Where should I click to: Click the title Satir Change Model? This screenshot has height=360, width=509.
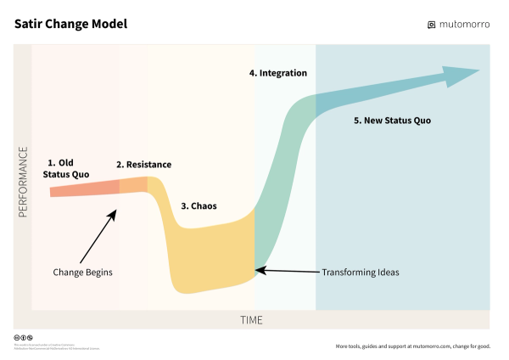[x=70, y=24]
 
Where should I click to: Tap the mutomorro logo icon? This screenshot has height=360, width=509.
[x=432, y=25]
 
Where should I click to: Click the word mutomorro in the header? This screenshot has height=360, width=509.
[x=465, y=25]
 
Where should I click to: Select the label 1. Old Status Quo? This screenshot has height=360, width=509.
[x=65, y=167]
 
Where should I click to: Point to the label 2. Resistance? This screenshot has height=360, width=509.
[x=143, y=164]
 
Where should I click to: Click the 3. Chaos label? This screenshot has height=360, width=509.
[x=199, y=205]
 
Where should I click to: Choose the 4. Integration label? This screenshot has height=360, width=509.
[x=278, y=73]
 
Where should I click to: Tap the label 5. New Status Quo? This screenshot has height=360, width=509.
[x=392, y=121]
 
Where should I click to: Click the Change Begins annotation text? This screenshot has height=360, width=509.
[x=82, y=272]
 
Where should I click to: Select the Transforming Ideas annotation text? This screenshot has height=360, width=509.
[x=360, y=273]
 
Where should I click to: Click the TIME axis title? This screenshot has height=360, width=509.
[x=250, y=320]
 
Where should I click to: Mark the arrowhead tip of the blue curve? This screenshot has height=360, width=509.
[x=478, y=70]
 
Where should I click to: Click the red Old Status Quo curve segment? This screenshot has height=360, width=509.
[x=85, y=187]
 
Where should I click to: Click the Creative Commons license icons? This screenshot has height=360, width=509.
[x=23, y=337]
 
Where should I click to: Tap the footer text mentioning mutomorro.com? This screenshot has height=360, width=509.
[x=412, y=346]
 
